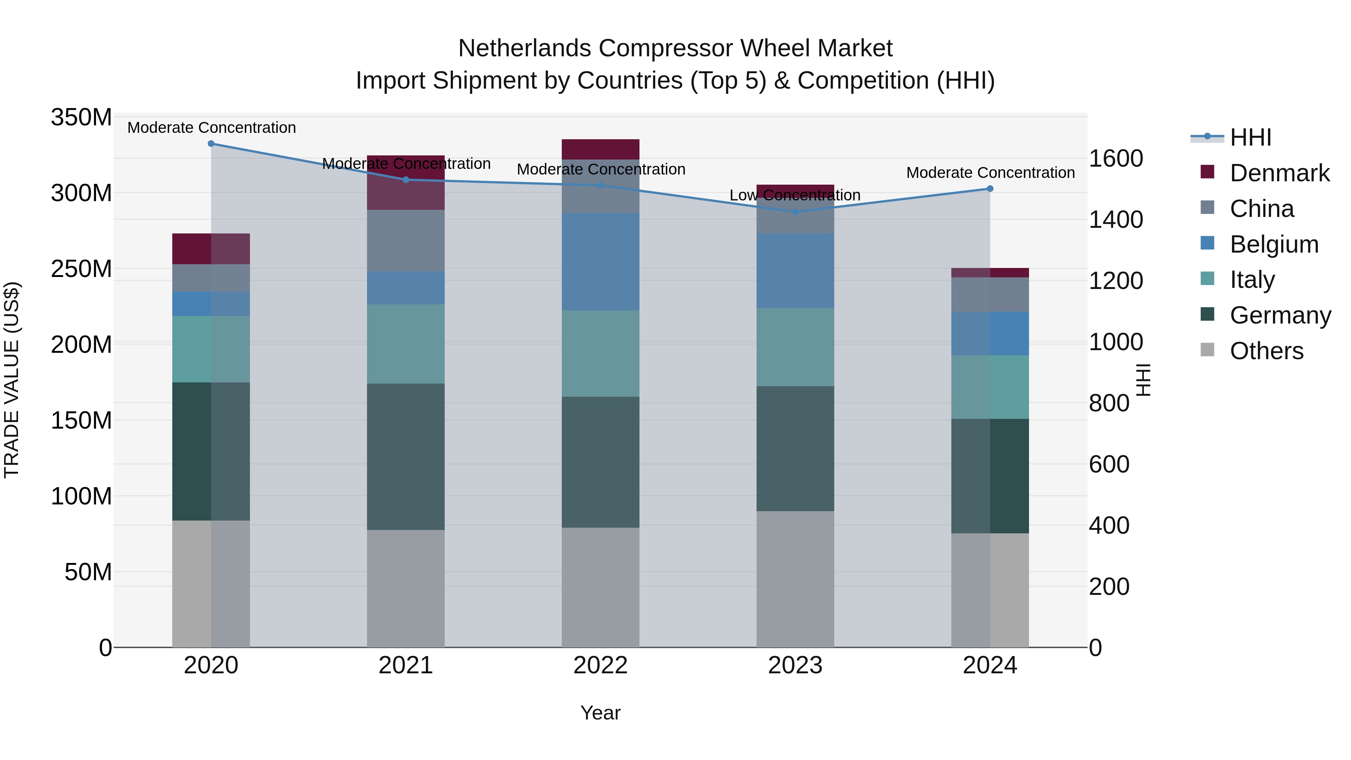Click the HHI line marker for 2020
pyautogui.click(x=211, y=144)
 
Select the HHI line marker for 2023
pyautogui.click(x=795, y=212)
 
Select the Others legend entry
pyautogui.click(x=1266, y=351)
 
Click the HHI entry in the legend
pyautogui.click(x=1250, y=137)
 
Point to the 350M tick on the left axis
pyautogui.click(x=81, y=117)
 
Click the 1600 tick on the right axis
pyautogui.click(x=1116, y=158)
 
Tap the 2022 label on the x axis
pyautogui.click(x=600, y=665)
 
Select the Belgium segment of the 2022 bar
pyautogui.click(x=600, y=261)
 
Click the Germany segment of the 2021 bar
pyautogui.click(x=405, y=456)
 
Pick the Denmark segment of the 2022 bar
pyautogui.click(x=600, y=149)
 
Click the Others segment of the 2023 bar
pyautogui.click(x=795, y=579)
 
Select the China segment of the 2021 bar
pyautogui.click(x=405, y=241)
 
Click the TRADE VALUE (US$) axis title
pyautogui.click(x=12, y=380)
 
